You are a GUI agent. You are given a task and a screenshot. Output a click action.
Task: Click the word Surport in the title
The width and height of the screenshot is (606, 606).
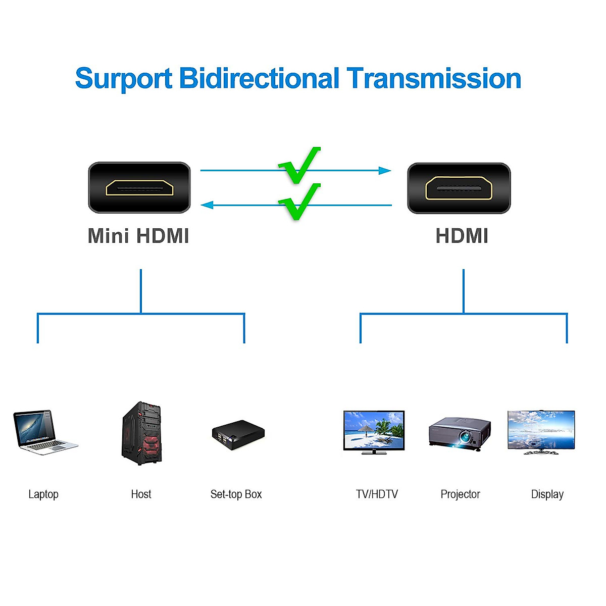124,79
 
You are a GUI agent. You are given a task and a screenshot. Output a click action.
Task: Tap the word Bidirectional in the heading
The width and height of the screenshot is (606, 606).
259,79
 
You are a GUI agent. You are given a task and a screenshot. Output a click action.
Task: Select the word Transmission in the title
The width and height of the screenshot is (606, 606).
434,79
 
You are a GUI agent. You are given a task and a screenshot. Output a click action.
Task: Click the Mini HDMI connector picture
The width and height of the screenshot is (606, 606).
139,187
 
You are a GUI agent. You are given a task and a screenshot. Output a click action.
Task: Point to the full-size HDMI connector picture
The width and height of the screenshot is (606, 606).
459,188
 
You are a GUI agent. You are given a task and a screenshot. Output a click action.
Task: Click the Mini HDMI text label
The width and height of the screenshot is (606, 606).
138,236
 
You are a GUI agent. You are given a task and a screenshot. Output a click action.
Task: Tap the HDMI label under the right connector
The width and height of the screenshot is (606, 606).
462,236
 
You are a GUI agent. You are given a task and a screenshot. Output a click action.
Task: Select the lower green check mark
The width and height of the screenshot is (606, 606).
300,201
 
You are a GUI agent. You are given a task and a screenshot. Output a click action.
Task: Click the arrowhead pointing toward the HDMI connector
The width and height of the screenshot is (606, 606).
385,171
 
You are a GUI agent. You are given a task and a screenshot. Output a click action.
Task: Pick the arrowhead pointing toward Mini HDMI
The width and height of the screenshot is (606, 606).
207,205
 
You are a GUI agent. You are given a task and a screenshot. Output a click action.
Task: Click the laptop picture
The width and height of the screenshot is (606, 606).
44,432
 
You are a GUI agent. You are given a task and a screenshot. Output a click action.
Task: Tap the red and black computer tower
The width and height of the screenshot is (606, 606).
142,433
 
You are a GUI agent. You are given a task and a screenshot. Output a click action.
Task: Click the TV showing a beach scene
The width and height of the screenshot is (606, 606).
374,432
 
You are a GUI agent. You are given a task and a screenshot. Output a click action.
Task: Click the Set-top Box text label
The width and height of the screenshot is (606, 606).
236,494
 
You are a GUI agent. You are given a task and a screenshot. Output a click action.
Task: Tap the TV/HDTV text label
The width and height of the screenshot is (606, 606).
377,494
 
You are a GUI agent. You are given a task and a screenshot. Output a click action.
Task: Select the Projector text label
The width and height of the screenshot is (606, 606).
460,494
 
